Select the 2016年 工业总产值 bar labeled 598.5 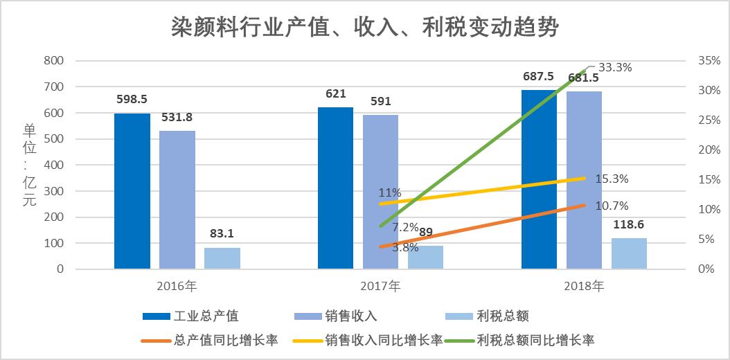(x=132, y=191)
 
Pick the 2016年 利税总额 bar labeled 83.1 (x=222, y=258)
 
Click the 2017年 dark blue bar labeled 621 (x=335, y=188)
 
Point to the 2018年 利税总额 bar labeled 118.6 (x=629, y=253)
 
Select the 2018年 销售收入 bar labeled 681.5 (x=584, y=180)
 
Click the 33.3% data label (x=615, y=68)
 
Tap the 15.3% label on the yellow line (x=612, y=179)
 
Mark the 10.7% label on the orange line (x=612, y=206)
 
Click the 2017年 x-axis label (x=380, y=285)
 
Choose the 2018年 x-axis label (x=584, y=285)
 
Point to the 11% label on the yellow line (x=390, y=193)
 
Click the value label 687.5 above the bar (x=538, y=77)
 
